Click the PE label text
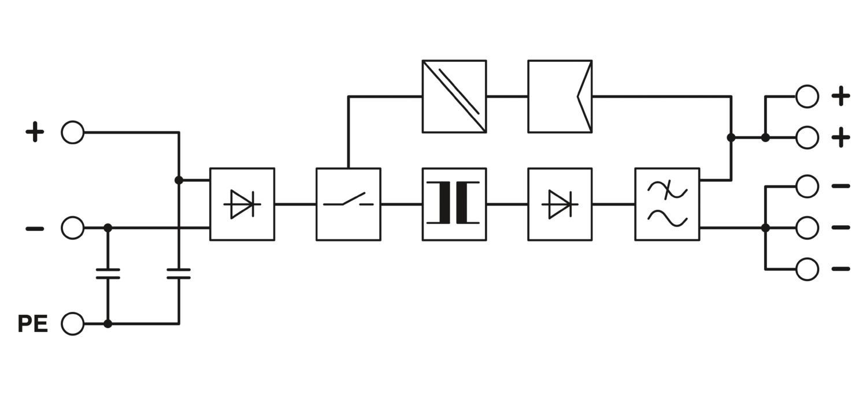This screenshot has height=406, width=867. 32,323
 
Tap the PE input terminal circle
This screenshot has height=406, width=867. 72,323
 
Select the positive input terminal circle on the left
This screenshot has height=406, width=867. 72,132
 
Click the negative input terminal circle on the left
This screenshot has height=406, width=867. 72,228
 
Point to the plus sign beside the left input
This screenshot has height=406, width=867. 35,132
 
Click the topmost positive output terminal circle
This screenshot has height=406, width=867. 807,96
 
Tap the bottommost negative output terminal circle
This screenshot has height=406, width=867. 807,269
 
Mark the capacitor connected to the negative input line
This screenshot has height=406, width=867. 108,274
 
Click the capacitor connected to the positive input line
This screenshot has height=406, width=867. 179,274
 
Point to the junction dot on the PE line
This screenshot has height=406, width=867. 108,323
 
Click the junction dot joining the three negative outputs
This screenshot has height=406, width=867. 765,228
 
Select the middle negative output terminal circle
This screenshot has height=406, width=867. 807,228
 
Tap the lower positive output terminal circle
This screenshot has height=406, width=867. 807,137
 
